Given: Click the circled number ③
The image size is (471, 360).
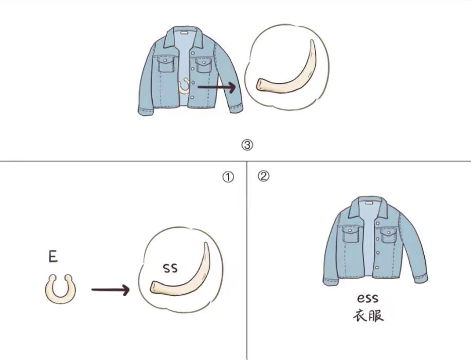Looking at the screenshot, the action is [x=247, y=145].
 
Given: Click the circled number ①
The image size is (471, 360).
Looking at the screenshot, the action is [x=228, y=177].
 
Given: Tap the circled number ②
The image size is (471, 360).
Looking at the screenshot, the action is [x=263, y=176].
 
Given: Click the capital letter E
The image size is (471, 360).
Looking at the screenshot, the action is [x=53, y=257].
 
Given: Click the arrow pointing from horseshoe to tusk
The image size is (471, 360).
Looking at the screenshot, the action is [x=110, y=290].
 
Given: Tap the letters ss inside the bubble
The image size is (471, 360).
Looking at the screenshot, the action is [x=170, y=268].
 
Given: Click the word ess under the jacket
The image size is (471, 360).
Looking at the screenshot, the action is [x=368, y=298].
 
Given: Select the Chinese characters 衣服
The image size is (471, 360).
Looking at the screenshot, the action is [x=368, y=316].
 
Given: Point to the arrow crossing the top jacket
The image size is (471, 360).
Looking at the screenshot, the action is [x=217, y=87].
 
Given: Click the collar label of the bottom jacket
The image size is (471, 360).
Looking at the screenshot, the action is [x=368, y=203].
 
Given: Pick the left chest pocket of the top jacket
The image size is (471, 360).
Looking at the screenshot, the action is [x=166, y=64].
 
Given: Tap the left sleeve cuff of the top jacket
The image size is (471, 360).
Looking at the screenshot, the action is [x=146, y=110].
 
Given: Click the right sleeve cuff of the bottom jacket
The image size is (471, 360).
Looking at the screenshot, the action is [x=421, y=278].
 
